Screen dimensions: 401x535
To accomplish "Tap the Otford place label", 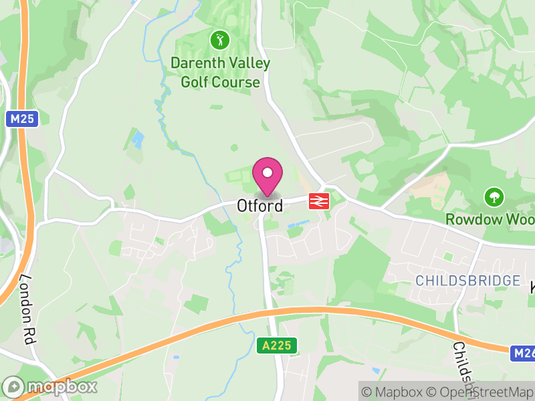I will (259, 205).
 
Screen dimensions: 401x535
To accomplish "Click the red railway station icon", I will (317, 200).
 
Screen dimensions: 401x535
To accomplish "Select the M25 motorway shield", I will (23, 120).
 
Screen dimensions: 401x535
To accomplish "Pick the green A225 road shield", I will (276, 346).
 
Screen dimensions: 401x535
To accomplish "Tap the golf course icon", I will (219, 40).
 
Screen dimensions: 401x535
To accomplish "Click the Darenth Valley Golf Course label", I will (220, 73).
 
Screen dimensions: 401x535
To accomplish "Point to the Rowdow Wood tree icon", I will (494, 196).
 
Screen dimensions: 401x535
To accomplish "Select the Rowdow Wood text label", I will (492, 219).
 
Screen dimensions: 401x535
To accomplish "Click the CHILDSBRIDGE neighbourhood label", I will (467, 281).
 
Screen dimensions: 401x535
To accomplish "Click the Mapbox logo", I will (50, 386).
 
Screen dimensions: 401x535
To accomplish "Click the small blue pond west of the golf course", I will (138, 140).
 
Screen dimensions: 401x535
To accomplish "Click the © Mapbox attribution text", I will (392, 392).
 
